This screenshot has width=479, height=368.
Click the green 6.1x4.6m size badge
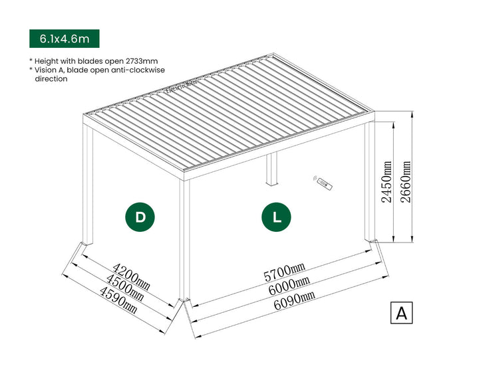pyautogui.click(x=64, y=39)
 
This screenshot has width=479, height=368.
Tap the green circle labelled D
pyautogui.click(x=140, y=217)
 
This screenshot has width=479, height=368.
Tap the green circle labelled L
pyautogui.click(x=276, y=217)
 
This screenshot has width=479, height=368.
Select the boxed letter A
pyautogui.click(x=401, y=313)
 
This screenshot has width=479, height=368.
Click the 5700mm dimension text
pyautogui.click(x=285, y=272)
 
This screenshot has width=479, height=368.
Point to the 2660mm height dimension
pyautogui.click(x=405, y=183)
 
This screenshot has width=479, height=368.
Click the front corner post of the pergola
pyautogui.click(x=184, y=239)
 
